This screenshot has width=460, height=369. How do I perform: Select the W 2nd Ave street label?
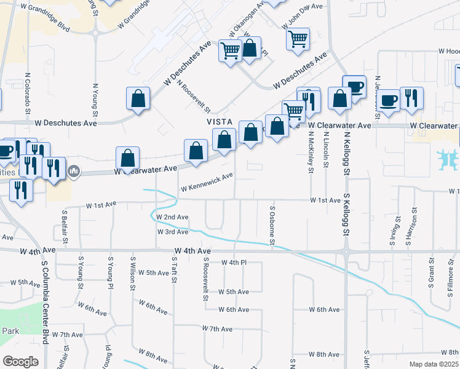[x=172, y=217]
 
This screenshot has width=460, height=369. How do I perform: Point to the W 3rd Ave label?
[x=172, y=232]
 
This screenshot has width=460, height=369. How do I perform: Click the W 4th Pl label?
[x=233, y=263]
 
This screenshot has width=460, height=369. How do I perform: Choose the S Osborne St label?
[x=272, y=224]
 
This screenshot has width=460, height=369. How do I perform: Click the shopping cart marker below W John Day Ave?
[x=298, y=39]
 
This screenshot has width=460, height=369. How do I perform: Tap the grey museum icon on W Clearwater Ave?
[x=74, y=169]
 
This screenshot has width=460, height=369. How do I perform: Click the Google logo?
[x=21, y=361]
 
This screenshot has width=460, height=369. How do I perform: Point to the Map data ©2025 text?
[x=434, y=364]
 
